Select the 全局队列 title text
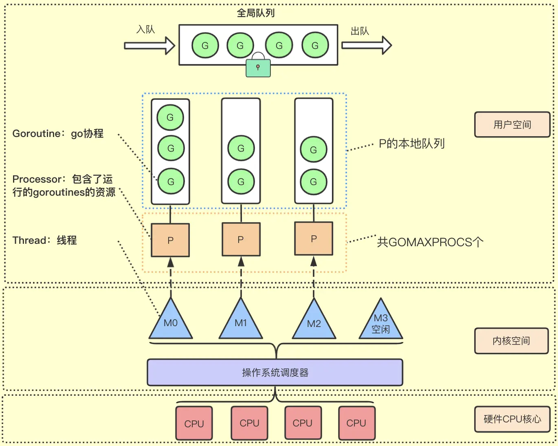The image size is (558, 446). coord(256,13)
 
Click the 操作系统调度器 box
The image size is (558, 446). coord(275,372)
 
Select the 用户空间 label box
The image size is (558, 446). coord(512,125)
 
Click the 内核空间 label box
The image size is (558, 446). coord(511,341)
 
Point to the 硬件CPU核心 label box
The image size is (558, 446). coord(512,419)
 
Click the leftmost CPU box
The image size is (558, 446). coord(194,424)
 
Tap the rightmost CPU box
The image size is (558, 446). coord(356,423)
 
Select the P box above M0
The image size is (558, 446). coord(170,240)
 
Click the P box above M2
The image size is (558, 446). coord(314,239)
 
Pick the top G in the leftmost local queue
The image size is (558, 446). coord(170,117)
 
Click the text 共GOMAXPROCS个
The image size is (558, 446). coord(430,242)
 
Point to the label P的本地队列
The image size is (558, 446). coord(411,144)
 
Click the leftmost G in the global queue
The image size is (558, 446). coord(205,46)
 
